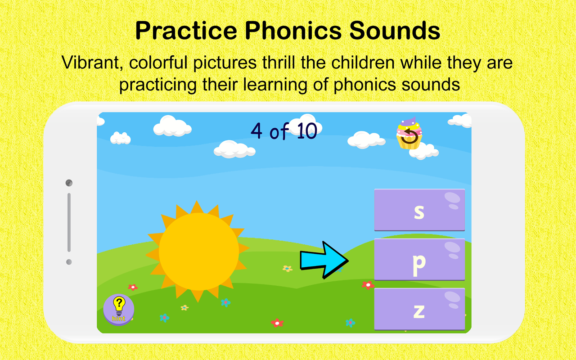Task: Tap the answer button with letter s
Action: coord(419,210)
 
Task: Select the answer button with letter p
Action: coord(419,260)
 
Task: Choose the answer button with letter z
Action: coord(419,309)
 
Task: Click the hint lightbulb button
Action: coord(118,310)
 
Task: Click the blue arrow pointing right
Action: coord(324,260)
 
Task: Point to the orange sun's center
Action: coord(198,252)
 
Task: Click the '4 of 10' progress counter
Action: coord(283,131)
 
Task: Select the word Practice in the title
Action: coord(186,31)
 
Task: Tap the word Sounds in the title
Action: coord(395,31)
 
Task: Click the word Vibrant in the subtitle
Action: coord(92,63)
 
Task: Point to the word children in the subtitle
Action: coord(363,63)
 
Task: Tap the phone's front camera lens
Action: coord(69,183)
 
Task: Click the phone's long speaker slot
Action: coord(69,222)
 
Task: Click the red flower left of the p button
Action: coord(368,285)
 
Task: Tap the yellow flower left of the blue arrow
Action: coord(288,269)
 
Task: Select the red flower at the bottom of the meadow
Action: coord(277,323)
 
